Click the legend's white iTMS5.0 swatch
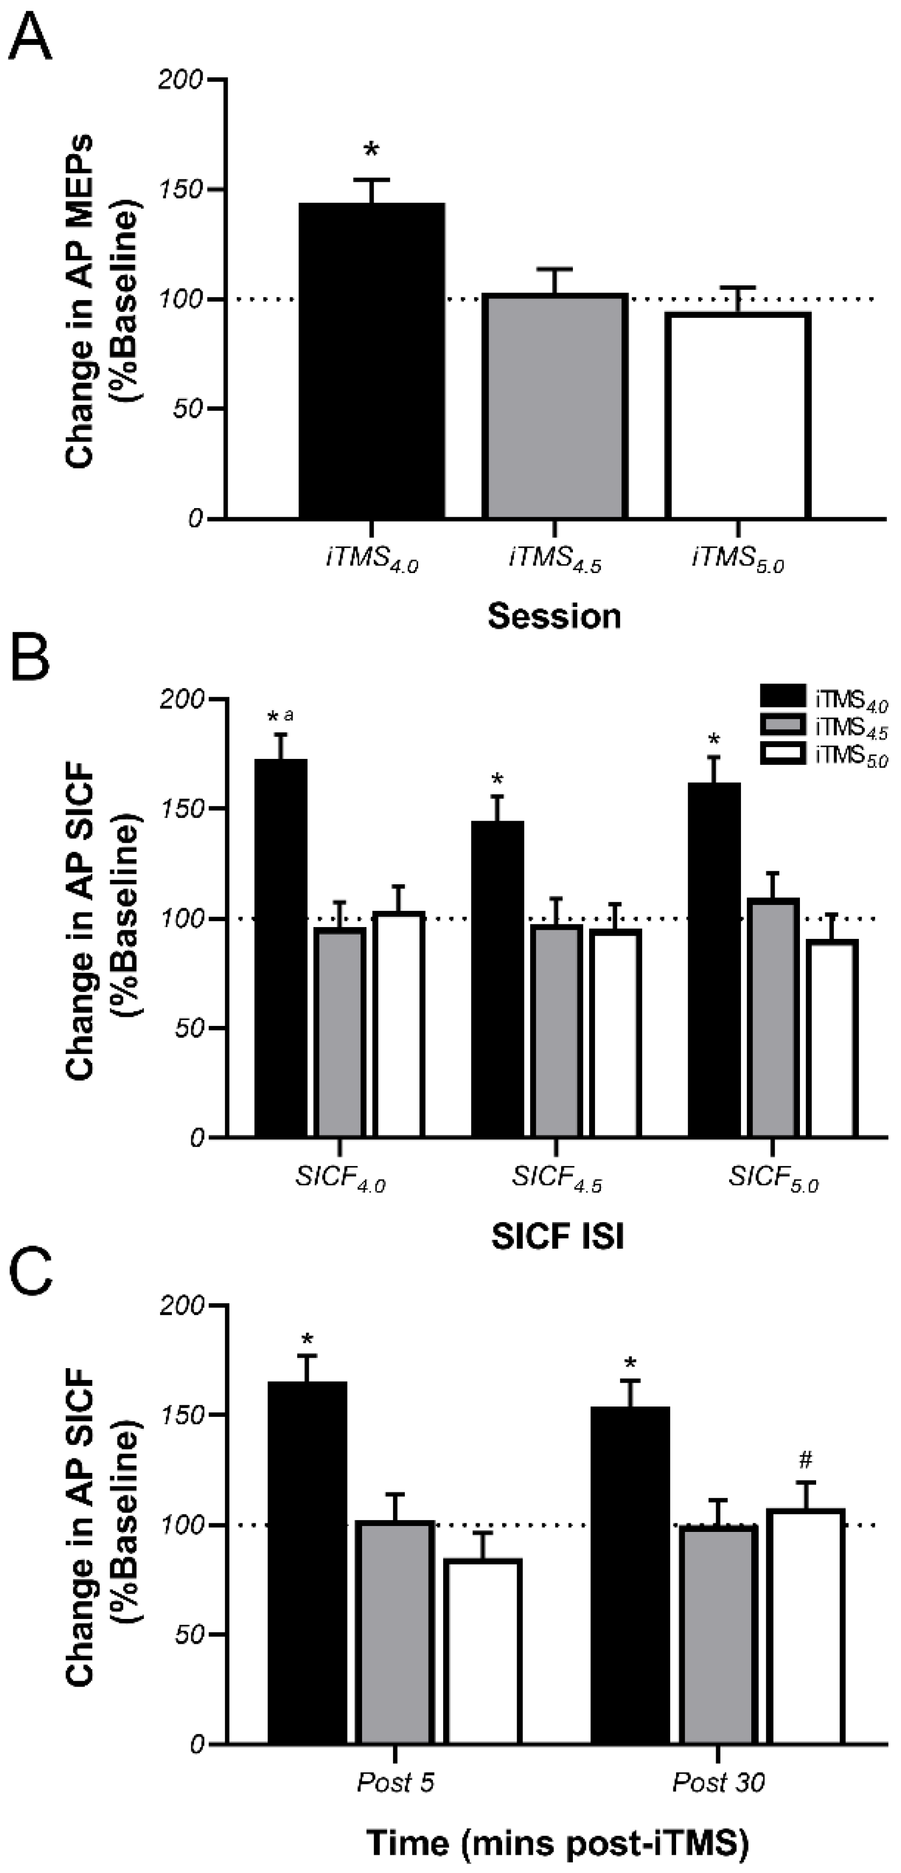tap(783, 754)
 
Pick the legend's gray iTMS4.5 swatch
tap(783, 725)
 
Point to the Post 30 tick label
tap(718, 1782)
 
